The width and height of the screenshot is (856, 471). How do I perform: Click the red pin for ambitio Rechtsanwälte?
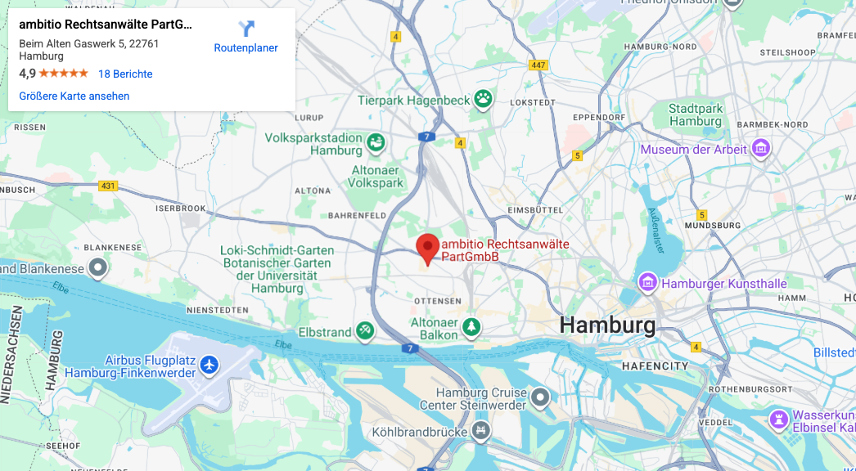click(x=426, y=248)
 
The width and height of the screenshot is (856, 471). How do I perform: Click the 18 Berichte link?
click(x=125, y=74)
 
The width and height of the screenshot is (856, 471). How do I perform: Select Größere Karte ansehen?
click(x=74, y=96)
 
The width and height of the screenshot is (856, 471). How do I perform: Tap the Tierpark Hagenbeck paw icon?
click(x=484, y=100)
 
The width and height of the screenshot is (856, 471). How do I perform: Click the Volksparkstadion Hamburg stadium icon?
click(x=376, y=143)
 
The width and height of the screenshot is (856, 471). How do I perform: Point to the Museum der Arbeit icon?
click(x=761, y=149)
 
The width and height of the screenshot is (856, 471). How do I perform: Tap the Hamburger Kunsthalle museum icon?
click(x=648, y=283)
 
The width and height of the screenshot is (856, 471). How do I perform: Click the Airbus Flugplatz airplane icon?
click(x=209, y=363)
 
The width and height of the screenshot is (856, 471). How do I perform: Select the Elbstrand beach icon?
click(x=365, y=331)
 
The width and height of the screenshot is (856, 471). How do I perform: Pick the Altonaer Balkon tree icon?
click(x=471, y=327)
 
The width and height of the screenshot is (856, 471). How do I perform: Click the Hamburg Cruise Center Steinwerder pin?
click(x=539, y=398)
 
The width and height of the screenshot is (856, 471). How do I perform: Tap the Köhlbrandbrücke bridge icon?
click(x=480, y=429)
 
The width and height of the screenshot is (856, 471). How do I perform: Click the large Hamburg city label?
click(x=607, y=325)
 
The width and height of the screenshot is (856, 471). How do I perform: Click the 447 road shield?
click(x=538, y=65)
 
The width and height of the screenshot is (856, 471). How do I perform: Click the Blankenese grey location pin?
click(x=98, y=267)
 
